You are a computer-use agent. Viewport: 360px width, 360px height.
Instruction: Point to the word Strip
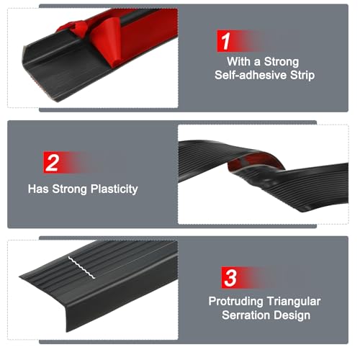pyautogui.click(x=297, y=76)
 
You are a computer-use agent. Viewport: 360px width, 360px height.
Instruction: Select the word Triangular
pyautogui.click(x=294, y=301)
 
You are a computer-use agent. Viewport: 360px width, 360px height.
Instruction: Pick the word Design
pyautogui.click(x=294, y=315)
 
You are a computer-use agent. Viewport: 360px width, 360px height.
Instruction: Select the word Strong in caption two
pyautogui.click(x=67, y=189)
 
